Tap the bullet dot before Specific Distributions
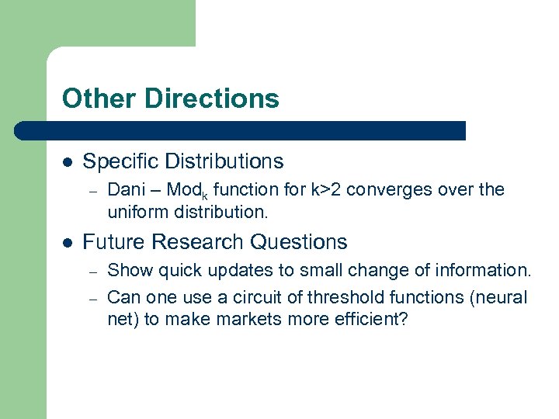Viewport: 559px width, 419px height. click(68, 162)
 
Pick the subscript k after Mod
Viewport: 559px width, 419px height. click(206, 195)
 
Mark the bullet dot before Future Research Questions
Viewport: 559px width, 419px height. click(68, 243)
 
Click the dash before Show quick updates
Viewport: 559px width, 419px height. click(91, 272)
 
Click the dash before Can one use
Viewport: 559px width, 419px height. click(91, 298)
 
